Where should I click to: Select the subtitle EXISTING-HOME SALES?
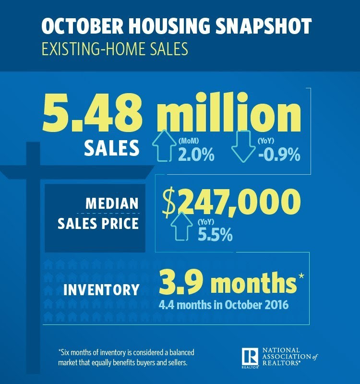coord(115,49)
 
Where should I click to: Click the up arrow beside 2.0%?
coord(164,147)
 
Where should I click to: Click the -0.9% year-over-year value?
coord(279,154)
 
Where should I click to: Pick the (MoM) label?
coord(189,141)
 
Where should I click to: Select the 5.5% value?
coord(215,235)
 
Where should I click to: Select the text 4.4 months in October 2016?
coord(224,305)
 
